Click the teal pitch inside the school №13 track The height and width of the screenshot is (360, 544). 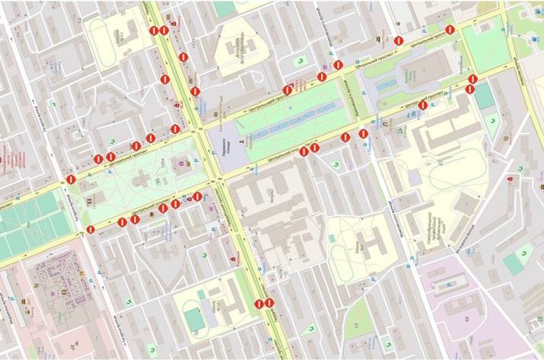(196, 320)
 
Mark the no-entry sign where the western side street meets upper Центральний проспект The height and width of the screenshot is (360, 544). (70, 180)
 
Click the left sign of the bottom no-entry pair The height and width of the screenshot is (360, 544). (259, 304)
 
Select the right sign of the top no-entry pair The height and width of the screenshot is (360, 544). (164, 30)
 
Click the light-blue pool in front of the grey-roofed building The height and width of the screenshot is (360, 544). (396, 84)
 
